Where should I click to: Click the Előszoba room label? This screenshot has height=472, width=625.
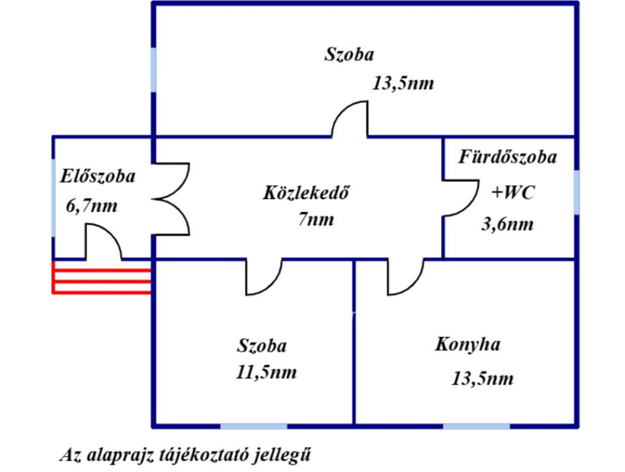(98, 177)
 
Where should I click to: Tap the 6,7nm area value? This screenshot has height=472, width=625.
(92, 206)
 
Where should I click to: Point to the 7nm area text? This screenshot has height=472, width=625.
(316, 219)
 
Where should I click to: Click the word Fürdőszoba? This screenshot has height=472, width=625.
(508, 157)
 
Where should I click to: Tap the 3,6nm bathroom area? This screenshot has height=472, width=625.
(507, 224)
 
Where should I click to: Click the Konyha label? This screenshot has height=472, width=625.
(468, 344)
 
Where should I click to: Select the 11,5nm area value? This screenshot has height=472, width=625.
(267, 372)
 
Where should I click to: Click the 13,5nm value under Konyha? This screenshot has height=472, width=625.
(482, 379)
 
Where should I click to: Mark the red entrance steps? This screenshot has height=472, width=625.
(101, 278)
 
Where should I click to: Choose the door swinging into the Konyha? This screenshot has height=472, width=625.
(405, 277)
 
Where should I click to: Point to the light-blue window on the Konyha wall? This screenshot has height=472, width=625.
(476, 425)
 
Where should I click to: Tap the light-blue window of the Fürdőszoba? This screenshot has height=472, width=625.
(576, 192)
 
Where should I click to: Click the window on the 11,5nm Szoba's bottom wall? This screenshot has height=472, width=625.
(253, 425)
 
